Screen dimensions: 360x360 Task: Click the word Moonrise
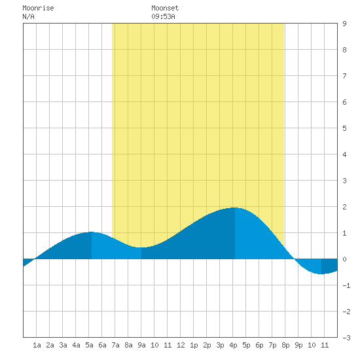tap(38, 8)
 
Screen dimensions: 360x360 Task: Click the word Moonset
tap(165, 8)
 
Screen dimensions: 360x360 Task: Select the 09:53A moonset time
tap(163, 16)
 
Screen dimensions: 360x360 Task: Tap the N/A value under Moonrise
tap(28, 16)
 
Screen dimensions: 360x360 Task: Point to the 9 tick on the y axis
tap(344, 24)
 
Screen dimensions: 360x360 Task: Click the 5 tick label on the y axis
tap(344, 128)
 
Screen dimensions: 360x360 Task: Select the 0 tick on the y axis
tap(344, 259)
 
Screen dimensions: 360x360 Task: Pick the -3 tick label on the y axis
tap(346, 338)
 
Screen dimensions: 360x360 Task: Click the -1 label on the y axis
tap(346, 285)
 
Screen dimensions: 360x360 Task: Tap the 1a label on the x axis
tap(37, 345)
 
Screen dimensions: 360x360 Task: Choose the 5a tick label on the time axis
tap(89, 345)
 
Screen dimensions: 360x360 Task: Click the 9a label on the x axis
tap(141, 345)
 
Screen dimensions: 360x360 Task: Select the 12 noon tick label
tap(181, 345)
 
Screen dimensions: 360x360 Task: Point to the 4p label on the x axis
tap(233, 345)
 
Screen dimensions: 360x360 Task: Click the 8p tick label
tap(285, 345)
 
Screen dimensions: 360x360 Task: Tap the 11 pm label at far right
tap(325, 345)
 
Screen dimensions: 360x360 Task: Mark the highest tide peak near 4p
tap(234, 207)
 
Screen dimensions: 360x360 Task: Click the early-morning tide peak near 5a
tap(92, 232)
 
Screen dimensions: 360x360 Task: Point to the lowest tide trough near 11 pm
tap(321, 274)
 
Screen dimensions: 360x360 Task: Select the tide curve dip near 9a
tap(141, 247)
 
